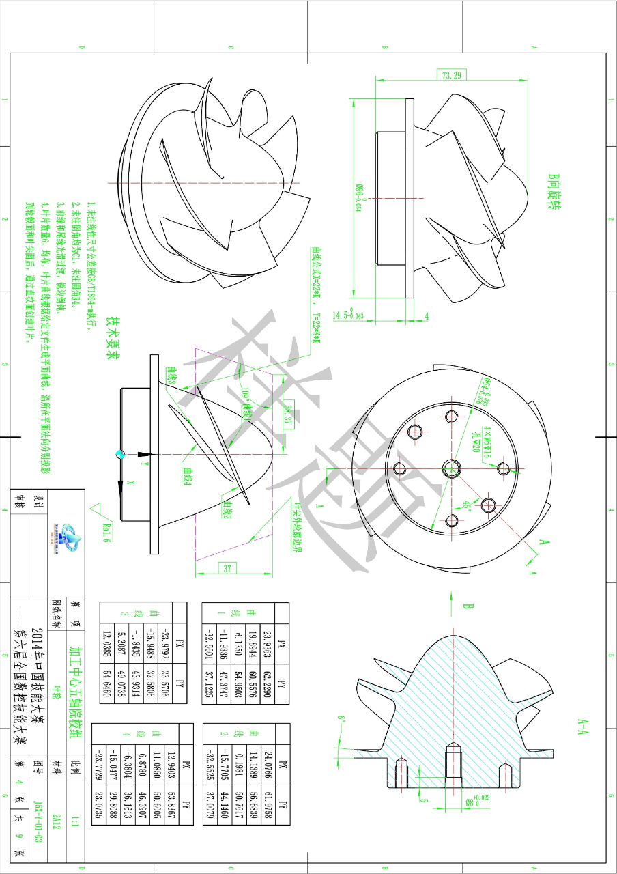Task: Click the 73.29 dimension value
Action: (x=451, y=75)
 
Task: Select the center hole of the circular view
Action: (x=451, y=468)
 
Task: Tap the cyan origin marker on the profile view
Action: (x=121, y=454)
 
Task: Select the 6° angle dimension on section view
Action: (x=341, y=718)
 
